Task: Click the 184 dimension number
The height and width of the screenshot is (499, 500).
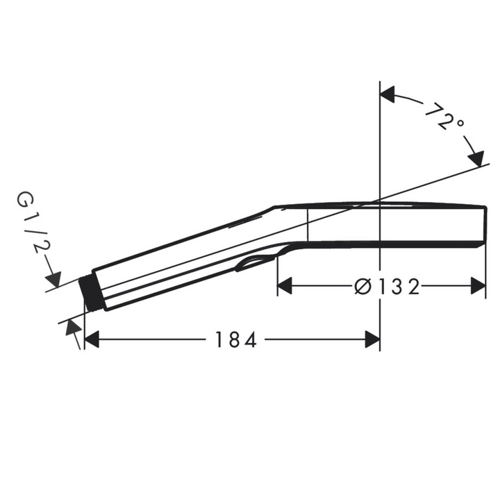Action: [236, 339]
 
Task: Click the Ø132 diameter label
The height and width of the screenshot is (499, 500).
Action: [387, 286]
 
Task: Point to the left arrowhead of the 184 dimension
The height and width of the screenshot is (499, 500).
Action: [92, 339]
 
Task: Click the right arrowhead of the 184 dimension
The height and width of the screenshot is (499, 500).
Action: [372, 339]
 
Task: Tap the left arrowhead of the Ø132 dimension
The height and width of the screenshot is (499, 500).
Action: [285, 286]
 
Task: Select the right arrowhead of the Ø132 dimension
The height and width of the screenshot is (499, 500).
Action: [478, 286]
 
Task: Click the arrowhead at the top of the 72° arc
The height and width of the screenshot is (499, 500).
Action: [387, 94]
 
